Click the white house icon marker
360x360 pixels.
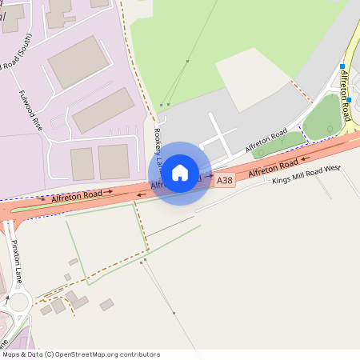180,173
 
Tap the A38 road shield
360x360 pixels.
226,182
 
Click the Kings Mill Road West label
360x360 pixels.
306,174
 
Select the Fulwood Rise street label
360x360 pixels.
30,110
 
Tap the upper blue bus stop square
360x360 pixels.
342,66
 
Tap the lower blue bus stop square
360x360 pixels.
349,100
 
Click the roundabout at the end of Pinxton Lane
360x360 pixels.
16,303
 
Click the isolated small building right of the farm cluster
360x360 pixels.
106,304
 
